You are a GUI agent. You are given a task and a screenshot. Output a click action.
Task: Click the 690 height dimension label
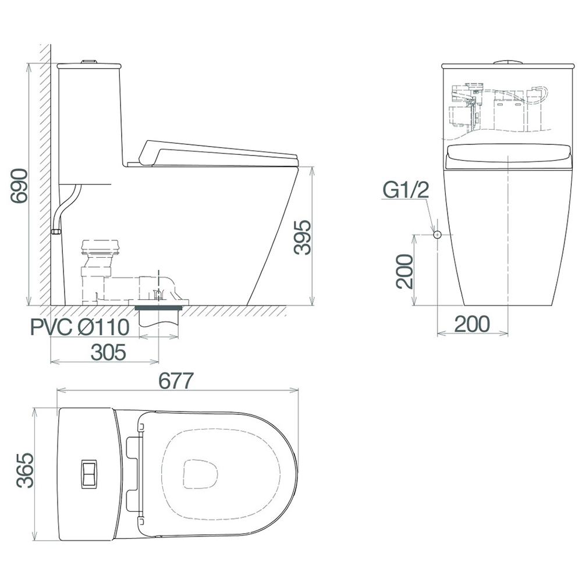[19, 186]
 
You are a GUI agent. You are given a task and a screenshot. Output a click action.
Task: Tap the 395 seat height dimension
[302, 237]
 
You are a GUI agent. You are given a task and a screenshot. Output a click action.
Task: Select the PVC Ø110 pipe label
[80, 327]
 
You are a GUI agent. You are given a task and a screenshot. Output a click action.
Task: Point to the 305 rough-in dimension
[108, 352]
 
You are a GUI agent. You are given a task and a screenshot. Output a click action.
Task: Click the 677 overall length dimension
[176, 381]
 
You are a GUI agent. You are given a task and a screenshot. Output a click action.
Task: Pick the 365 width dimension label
[25, 470]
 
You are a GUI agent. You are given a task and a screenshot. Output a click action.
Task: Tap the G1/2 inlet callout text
[406, 190]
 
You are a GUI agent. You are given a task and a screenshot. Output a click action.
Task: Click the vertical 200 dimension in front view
[404, 271]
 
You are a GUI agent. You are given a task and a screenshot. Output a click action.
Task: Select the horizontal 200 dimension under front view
[472, 324]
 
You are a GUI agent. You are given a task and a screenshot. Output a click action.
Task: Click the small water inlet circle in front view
[438, 235]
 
